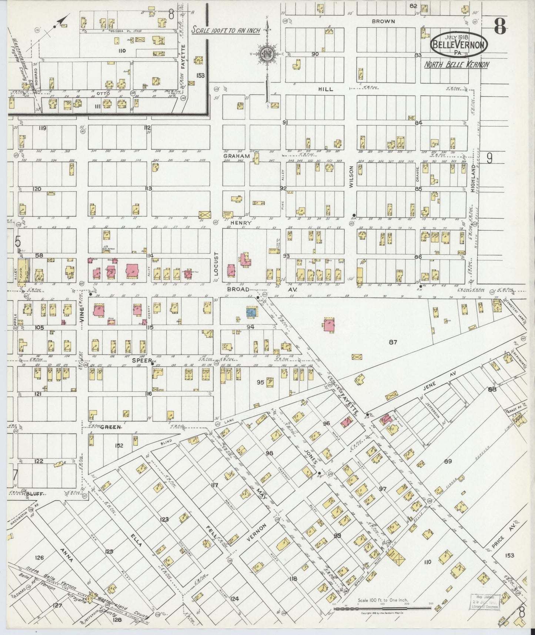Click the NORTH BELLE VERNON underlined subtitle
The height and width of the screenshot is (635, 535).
[456, 64]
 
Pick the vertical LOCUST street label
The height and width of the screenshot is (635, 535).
[217, 264]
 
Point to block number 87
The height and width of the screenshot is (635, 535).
[393, 342]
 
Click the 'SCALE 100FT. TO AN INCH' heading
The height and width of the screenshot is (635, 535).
[225, 30]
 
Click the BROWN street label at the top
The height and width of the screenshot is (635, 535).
[383, 21]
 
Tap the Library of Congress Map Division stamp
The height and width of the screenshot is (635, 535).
[485, 600]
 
